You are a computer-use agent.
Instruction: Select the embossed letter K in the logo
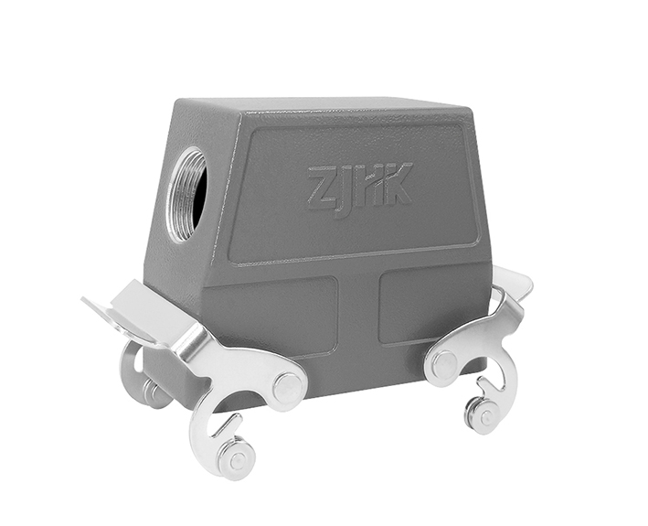(397, 183)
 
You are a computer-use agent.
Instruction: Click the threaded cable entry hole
(188, 194)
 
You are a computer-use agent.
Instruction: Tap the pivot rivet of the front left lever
(288, 387)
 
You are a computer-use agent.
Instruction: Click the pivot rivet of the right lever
(445, 363)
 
